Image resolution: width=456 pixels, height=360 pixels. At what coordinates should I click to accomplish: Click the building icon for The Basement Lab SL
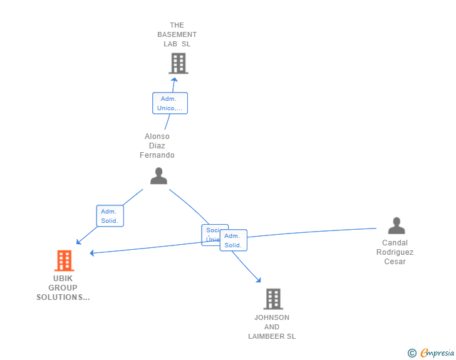[x=179, y=63]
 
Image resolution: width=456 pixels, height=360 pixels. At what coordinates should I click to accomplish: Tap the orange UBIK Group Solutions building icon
[x=64, y=260]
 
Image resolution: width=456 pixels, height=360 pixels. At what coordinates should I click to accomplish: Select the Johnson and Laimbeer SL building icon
[x=273, y=299]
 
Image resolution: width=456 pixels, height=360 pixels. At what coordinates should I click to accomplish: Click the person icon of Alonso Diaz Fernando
[x=158, y=176]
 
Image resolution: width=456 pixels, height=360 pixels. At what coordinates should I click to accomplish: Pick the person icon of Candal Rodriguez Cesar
[x=396, y=226]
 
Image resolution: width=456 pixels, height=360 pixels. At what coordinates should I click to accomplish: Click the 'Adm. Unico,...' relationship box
[x=170, y=103]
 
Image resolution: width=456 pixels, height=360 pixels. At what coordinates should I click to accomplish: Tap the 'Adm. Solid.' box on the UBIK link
[x=110, y=216]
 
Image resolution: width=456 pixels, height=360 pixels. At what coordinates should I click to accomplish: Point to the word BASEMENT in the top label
[x=177, y=34]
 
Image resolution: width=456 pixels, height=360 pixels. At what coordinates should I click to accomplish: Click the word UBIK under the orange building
[x=63, y=279]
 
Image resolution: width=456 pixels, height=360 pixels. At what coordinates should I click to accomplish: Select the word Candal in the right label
[x=395, y=243]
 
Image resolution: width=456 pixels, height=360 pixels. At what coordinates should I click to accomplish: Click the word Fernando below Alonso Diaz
[x=157, y=155]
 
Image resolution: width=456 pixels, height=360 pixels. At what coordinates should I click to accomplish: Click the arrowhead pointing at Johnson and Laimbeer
[x=258, y=281]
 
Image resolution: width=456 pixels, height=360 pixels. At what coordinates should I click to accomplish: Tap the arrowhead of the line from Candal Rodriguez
[x=91, y=253]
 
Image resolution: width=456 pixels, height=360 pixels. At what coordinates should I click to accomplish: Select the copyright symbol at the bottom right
[x=412, y=353]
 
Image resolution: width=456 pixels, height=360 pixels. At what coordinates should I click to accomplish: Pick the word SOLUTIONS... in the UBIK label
[x=63, y=297]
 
